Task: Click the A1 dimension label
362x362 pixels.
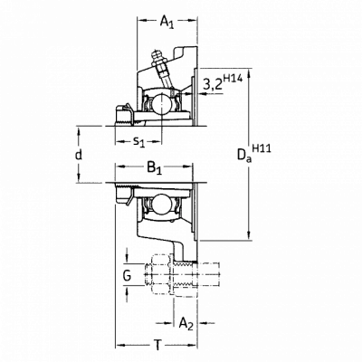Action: [x=167, y=22]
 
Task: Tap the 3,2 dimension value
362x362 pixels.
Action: [x=213, y=85]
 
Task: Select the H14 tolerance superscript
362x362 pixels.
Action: [x=233, y=79]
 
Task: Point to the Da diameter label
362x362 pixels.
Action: [x=244, y=157]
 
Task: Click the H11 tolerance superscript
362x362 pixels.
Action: [x=262, y=148]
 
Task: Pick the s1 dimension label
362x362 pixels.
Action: [x=139, y=141]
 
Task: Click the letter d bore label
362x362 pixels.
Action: [x=79, y=155]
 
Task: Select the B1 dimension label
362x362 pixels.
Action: [x=155, y=167]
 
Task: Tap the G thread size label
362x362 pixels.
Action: [x=128, y=275]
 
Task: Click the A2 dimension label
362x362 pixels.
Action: [x=186, y=324]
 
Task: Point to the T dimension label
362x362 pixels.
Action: [x=157, y=345]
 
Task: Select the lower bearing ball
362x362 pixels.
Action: [x=161, y=204]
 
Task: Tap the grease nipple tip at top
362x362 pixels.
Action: [x=157, y=55]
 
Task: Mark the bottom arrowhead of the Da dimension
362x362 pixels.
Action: [x=249, y=236]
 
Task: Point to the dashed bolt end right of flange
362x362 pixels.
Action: [x=208, y=275]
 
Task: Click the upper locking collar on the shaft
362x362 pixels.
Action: [x=124, y=115]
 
